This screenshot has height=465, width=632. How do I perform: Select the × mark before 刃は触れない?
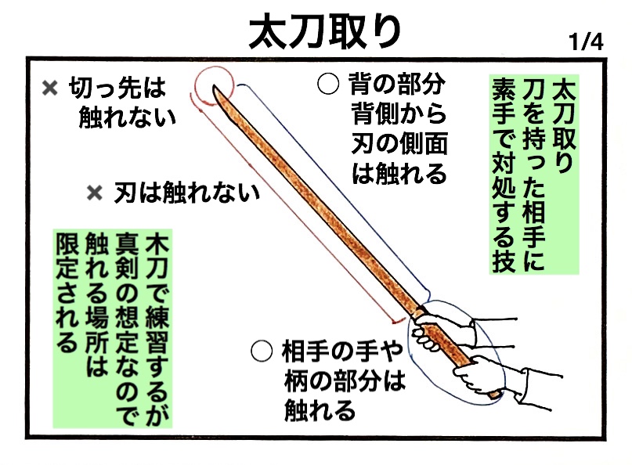pyautogui.click(x=96, y=193)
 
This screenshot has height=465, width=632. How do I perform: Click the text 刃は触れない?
pyautogui.click(x=186, y=193)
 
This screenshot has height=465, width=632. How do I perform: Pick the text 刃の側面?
pyautogui.click(x=399, y=144)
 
